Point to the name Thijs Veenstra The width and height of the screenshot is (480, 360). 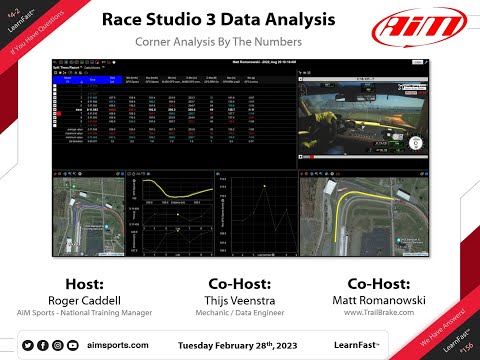pyautogui.click(x=239, y=299)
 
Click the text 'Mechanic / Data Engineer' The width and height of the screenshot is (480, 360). pyautogui.click(x=239, y=313)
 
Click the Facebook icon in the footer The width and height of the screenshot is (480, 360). pyautogui.click(x=41, y=345)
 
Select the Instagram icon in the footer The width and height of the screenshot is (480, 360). pyautogui.click(x=57, y=345)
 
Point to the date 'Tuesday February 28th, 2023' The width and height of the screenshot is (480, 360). pyautogui.click(x=239, y=345)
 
